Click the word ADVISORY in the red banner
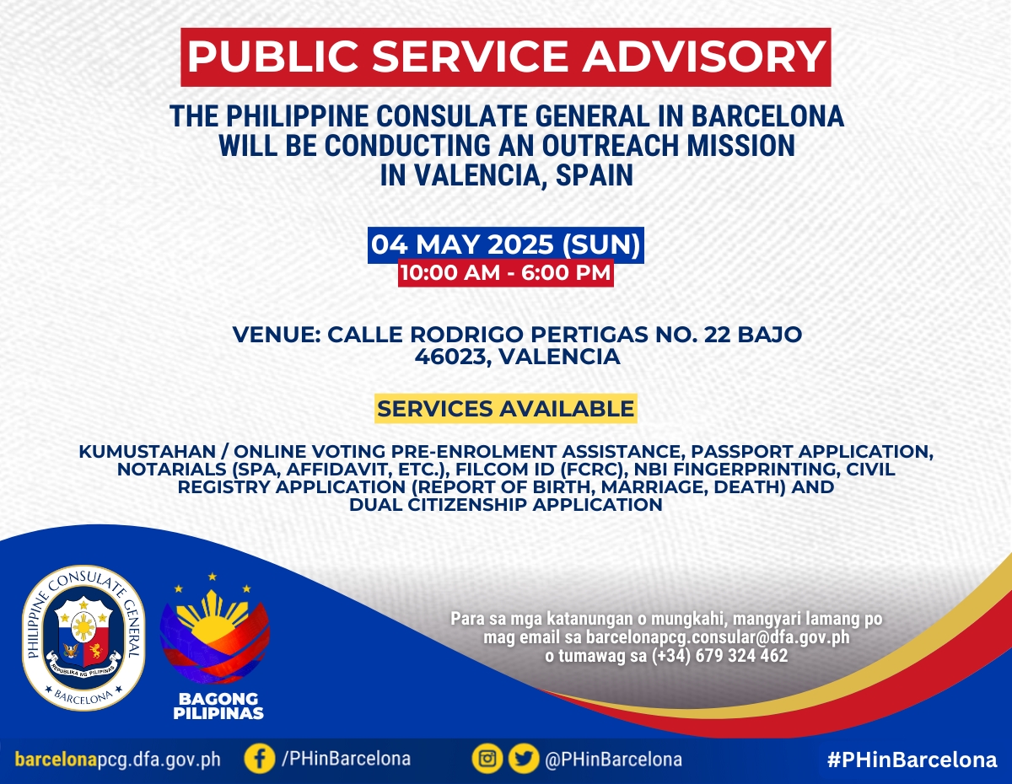[x=703, y=56]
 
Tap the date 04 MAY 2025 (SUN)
[x=506, y=244]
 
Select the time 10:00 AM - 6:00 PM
[x=505, y=273]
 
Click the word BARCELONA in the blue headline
[x=767, y=116]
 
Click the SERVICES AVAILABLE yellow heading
[x=505, y=409]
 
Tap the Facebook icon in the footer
[x=260, y=760]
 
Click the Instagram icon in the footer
[x=487, y=760]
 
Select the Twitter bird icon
[x=524, y=760]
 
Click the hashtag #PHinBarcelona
[x=912, y=760]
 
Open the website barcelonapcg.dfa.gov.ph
[x=117, y=760]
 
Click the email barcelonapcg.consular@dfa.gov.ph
[x=718, y=636]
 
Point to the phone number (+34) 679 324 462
[x=719, y=656]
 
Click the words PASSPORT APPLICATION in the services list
[x=812, y=452]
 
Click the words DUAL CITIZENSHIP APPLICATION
[x=506, y=505]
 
